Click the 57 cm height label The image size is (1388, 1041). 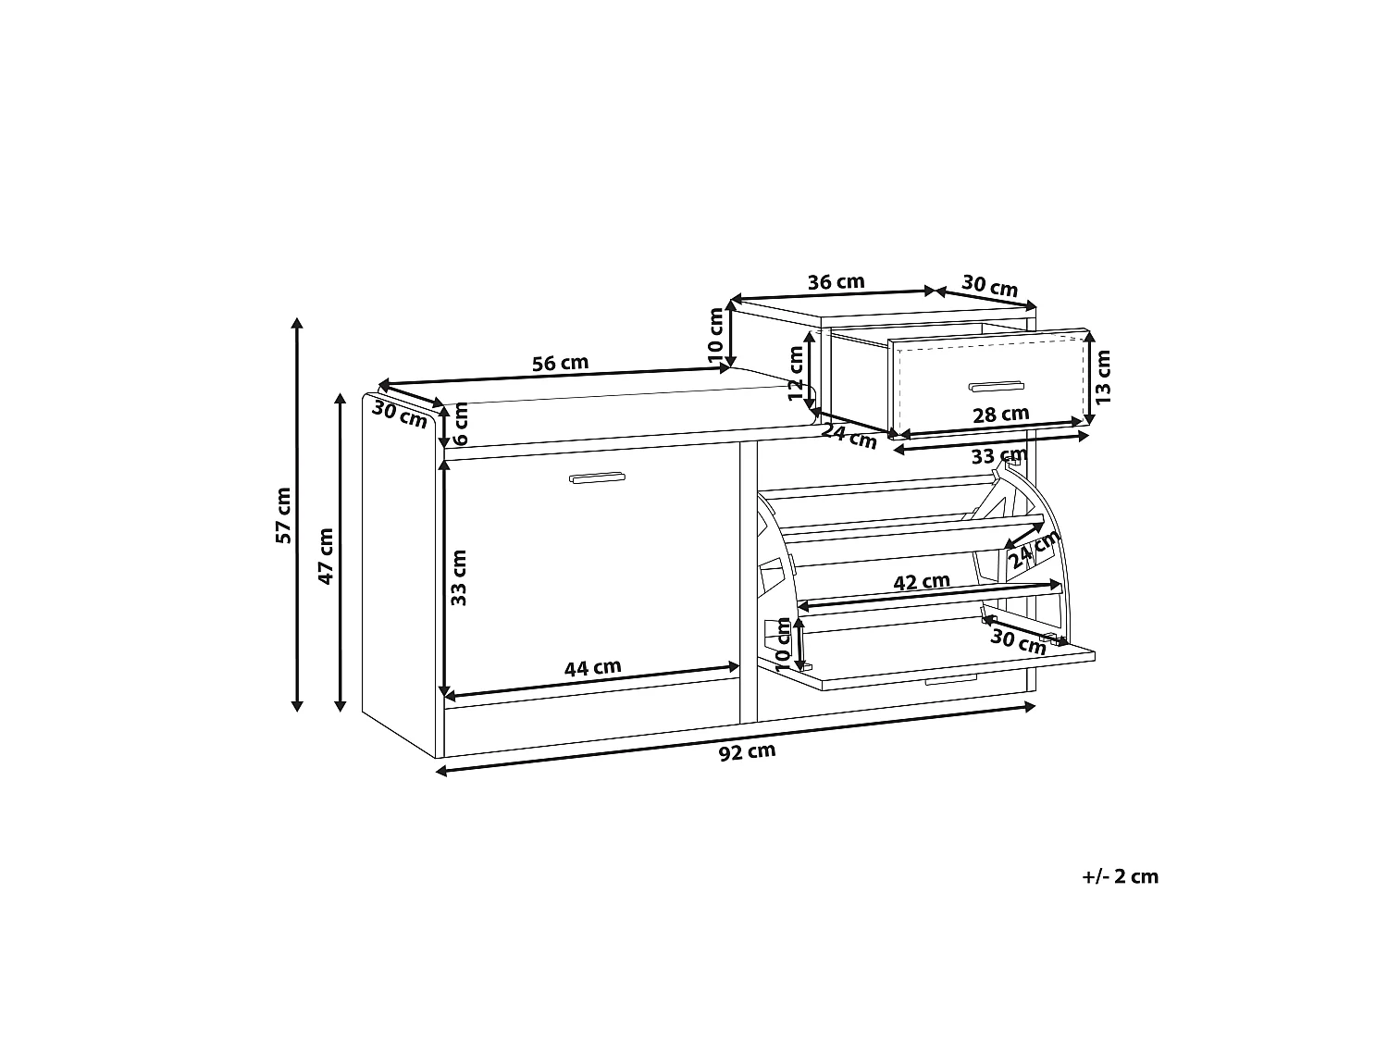(x=284, y=515)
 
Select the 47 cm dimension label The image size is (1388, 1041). (x=326, y=556)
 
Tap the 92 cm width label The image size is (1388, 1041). (x=747, y=751)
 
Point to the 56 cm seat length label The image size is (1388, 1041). (x=560, y=364)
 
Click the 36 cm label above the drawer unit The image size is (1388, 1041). (x=836, y=282)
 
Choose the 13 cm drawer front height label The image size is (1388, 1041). (x=1102, y=378)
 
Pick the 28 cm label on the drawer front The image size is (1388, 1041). (x=1001, y=415)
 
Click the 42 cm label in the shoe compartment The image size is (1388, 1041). (x=922, y=581)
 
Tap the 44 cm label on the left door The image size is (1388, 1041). (x=592, y=667)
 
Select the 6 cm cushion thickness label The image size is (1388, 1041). (x=461, y=424)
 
